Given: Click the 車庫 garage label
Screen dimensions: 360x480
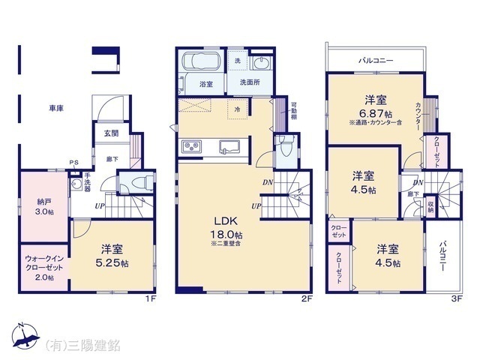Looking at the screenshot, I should click(56, 108).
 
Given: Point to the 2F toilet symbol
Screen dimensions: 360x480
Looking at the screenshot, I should click(283, 145).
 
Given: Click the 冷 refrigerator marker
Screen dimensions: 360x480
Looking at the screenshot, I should click(237, 109).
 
